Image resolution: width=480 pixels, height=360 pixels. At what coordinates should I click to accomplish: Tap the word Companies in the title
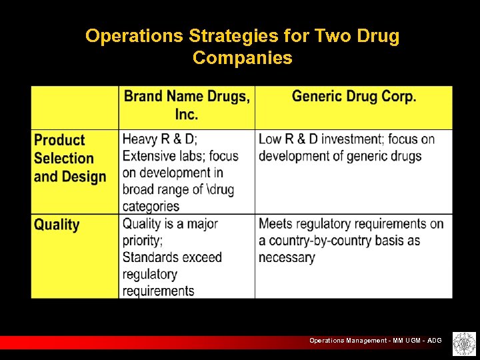coord(242,58)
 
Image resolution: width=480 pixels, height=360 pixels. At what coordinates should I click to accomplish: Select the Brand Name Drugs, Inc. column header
coord(187,105)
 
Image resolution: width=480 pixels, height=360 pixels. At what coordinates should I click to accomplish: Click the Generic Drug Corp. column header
coord(354,97)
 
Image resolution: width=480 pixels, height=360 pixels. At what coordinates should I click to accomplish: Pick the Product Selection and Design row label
coord(70,159)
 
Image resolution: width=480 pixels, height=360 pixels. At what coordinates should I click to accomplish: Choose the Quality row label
coord(57,225)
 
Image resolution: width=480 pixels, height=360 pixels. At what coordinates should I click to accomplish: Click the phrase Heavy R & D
coord(159,139)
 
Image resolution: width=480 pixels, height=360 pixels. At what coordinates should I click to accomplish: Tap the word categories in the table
coord(151,206)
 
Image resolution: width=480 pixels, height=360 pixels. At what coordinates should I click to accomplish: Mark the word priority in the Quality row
coord(142,240)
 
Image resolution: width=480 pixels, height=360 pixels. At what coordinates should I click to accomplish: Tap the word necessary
coord(287,257)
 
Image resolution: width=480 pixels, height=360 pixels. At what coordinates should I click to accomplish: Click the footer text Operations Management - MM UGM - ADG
coord(375,341)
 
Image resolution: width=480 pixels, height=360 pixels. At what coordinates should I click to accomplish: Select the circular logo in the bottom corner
coord(461,343)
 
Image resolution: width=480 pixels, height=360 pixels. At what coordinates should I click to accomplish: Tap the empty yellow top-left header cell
coord(75,107)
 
